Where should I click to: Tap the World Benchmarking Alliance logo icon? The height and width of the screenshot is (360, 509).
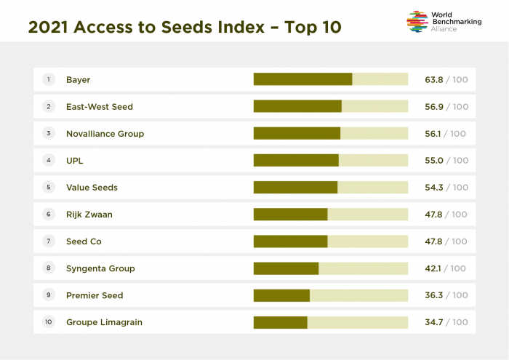pos(417,21)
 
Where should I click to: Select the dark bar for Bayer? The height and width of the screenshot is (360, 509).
pos(302,79)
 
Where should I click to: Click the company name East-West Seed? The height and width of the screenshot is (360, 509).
pos(100,106)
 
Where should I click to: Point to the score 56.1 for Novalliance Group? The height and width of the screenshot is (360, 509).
pos(434,134)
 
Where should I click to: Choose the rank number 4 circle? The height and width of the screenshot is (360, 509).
pos(49,160)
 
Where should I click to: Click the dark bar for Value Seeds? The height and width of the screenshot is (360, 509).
pos(295,187)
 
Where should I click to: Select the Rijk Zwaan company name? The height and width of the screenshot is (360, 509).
pos(89,215)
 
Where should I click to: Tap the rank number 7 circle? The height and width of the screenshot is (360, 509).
pos(49,241)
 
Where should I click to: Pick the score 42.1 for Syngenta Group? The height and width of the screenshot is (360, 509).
pos(434,268)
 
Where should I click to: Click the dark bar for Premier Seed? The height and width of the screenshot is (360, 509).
pos(281,295)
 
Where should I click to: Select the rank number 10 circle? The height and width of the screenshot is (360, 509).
pos(49,322)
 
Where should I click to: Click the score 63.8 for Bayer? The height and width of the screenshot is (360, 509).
pos(434,79)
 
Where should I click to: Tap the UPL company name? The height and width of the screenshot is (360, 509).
pos(75,160)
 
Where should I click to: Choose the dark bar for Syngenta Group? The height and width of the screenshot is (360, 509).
pos(286,268)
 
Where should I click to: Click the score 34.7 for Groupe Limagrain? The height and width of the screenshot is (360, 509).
pos(434,322)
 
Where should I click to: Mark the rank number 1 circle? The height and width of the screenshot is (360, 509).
pos(49,79)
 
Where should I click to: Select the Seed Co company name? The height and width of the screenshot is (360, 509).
pos(84,241)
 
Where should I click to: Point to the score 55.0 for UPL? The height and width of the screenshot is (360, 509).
pos(434,160)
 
